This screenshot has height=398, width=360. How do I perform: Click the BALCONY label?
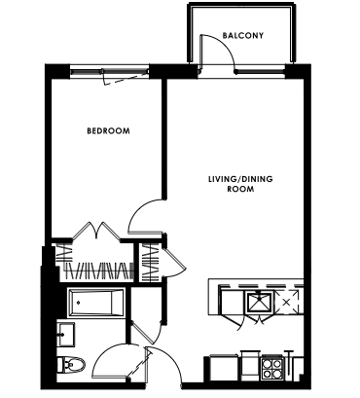(x=243, y=35)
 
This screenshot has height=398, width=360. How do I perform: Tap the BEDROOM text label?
(x=108, y=130)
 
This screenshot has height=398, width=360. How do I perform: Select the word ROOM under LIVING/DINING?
(x=240, y=189)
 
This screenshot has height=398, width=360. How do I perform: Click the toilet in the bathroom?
(x=71, y=365)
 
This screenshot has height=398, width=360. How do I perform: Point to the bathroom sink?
(x=66, y=334)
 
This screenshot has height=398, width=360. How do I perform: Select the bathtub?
(x=96, y=303)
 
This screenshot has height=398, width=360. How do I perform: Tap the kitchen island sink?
(x=260, y=302)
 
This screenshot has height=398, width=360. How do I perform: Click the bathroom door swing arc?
(x=100, y=355)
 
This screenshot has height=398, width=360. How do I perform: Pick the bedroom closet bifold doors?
(x=96, y=230)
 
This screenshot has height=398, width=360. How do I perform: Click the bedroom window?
(x=109, y=70)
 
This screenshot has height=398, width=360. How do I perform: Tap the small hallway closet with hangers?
(x=149, y=263)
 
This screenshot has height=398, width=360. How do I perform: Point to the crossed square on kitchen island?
(x=286, y=303)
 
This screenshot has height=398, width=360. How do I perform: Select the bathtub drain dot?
(x=78, y=303)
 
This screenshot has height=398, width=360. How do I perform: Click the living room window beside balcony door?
(x=261, y=71)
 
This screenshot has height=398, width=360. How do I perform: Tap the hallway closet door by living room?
(x=174, y=262)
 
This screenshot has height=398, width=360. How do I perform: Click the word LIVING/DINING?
(x=240, y=179)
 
